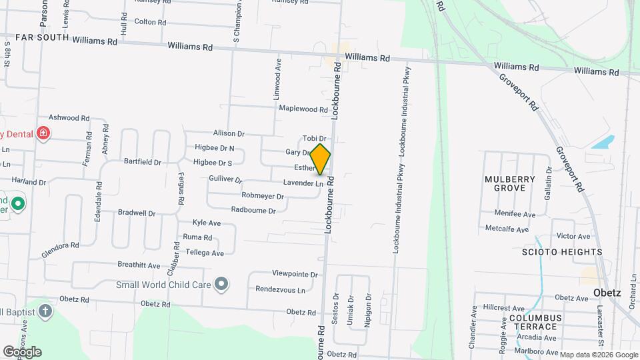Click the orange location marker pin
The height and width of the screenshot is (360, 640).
321,159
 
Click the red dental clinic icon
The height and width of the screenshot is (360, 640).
44,133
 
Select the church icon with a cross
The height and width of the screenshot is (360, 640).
45,311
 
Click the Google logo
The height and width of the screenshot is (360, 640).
22,351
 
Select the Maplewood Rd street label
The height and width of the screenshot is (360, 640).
303,109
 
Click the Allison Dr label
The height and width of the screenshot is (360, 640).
229,134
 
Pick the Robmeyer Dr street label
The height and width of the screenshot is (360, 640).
263,196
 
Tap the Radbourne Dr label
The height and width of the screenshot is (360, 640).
253,210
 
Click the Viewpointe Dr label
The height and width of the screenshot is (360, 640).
295,274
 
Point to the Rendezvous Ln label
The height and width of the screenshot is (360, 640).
280,289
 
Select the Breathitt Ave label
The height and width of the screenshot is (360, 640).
139,265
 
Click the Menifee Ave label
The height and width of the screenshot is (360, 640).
515,214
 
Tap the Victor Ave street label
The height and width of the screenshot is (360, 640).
573,236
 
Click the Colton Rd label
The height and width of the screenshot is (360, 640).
150,22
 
